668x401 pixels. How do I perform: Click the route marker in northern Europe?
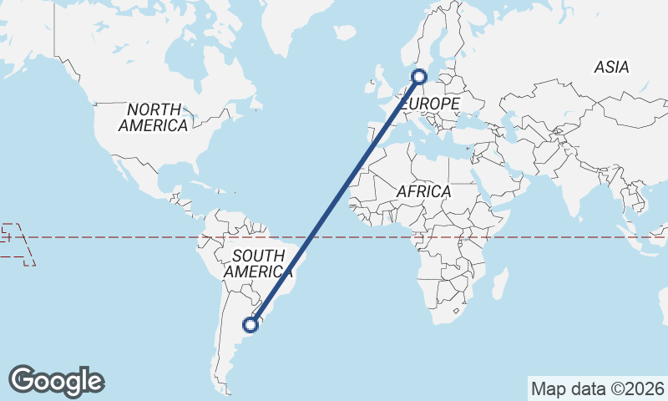[419, 77]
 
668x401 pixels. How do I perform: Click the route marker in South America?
[249, 323]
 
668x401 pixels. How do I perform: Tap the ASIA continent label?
[611, 68]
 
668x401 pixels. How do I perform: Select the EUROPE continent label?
[431, 104]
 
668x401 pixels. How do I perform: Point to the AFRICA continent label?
[423, 191]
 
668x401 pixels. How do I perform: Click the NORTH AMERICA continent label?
[153, 117]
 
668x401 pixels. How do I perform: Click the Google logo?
[56, 381]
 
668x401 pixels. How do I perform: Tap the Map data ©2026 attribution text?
[598, 388]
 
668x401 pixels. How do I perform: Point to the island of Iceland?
[345, 32]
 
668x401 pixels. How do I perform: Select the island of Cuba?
[200, 184]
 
